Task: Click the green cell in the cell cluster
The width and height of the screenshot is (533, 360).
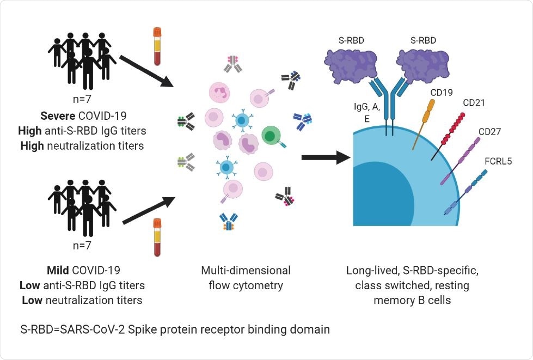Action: tap(271, 134)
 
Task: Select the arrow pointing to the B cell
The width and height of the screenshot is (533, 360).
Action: tap(325, 158)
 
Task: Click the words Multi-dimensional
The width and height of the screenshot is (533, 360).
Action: tap(246, 271)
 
